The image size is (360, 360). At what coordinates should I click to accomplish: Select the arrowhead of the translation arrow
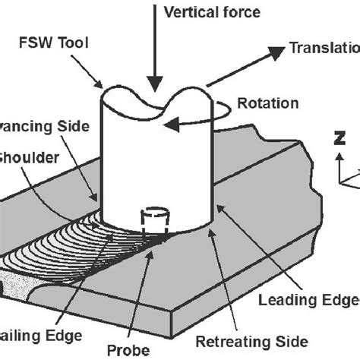click(274, 49)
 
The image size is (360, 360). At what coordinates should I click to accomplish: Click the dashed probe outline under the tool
click(155, 219)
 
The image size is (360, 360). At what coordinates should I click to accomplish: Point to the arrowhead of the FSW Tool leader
click(103, 88)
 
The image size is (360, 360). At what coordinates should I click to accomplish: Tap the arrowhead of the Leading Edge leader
click(218, 206)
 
